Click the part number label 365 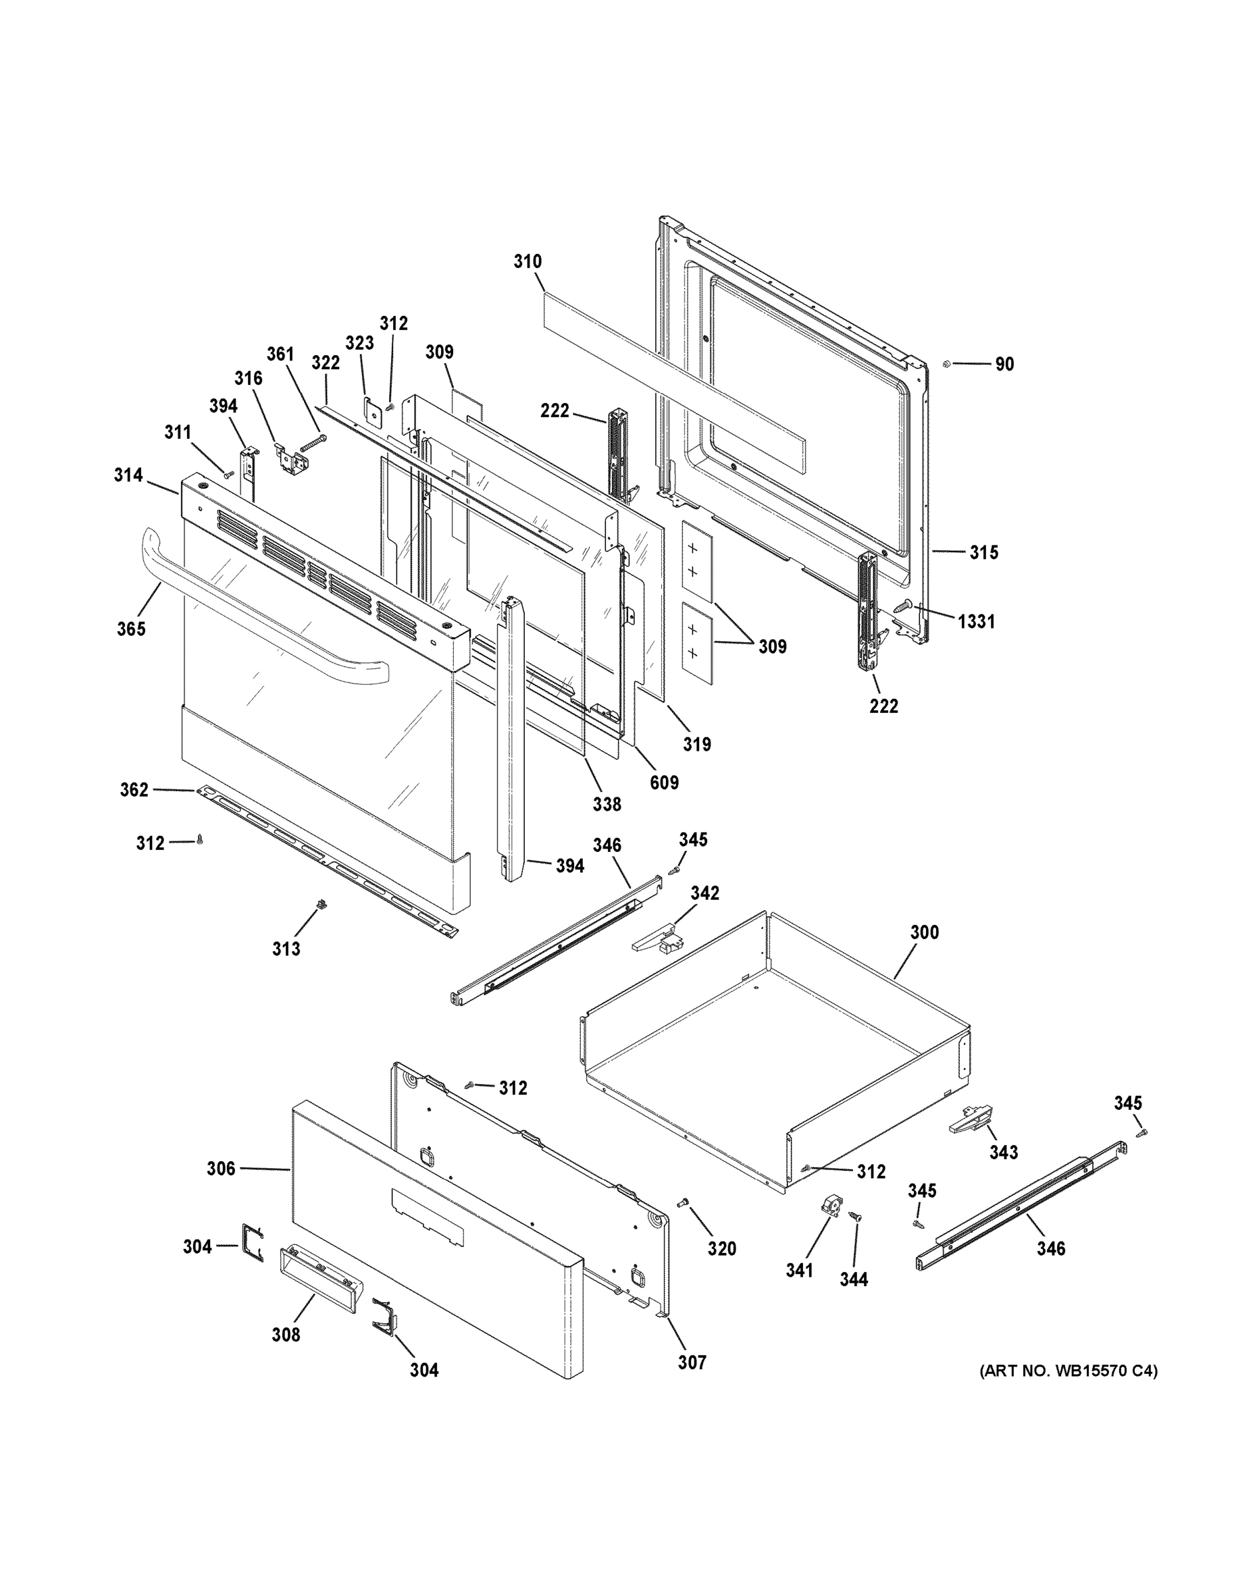click(x=131, y=629)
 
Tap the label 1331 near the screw click(x=976, y=622)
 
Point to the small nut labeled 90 click(x=945, y=363)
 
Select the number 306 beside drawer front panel click(x=221, y=1169)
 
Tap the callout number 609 click(x=664, y=783)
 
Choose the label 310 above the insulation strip click(x=527, y=261)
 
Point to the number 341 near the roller click(x=799, y=1271)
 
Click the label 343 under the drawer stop click(x=1003, y=1152)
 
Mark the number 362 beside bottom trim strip click(x=134, y=790)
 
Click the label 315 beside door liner click(x=983, y=553)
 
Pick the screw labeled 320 click(x=685, y=1202)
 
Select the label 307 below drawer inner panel click(x=692, y=1362)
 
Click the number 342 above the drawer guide click(x=704, y=893)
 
